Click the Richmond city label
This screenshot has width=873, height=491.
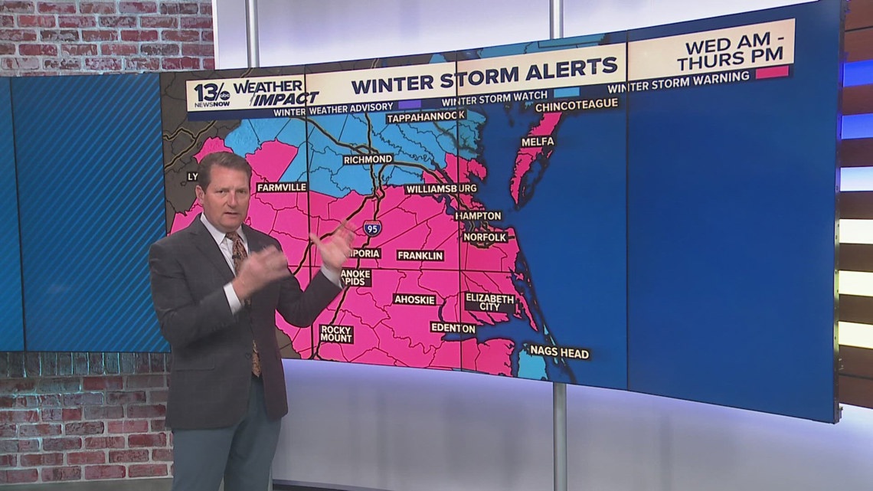(368, 159)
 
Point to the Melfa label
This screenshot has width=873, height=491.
(537, 142)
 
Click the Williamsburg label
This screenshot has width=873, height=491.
(441, 188)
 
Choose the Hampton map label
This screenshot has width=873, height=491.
(479, 216)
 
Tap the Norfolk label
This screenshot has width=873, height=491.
(485, 237)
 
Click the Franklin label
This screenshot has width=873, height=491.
(420, 256)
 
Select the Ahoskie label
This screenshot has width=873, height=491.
(414, 300)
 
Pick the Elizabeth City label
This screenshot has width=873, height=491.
(489, 303)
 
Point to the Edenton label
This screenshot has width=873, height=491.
(453, 328)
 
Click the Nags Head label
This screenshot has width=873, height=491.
(560, 353)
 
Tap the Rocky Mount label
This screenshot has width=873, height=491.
(336, 334)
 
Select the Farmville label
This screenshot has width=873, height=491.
(281, 187)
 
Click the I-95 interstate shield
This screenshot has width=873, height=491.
(372, 227)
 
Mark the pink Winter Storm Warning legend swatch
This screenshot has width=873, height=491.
(771, 73)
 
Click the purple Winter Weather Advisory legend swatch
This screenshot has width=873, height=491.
(409, 104)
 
